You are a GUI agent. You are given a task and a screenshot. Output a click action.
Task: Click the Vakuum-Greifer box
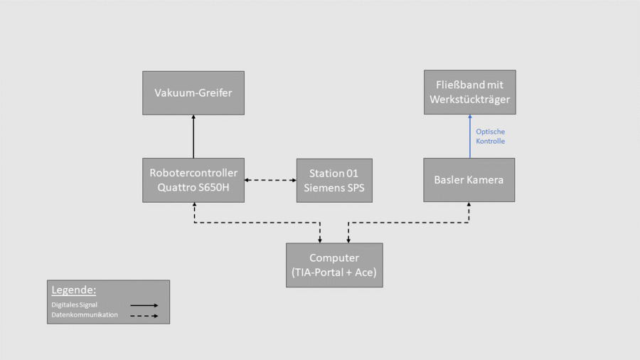pos(193,92)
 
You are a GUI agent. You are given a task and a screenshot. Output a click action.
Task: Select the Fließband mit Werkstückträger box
pos(469,92)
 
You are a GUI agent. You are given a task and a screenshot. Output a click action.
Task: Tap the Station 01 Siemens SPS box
pos(334,180)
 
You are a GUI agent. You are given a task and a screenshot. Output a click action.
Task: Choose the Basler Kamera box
pos(469,180)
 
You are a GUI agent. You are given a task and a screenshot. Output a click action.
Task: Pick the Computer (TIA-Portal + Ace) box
pos(334,265)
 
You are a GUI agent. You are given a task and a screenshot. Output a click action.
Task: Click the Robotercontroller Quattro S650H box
pos(193,180)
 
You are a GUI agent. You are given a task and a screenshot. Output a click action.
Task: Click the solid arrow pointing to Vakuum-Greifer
pos(193,136)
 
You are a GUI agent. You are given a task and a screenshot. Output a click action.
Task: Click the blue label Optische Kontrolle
pos(491,137)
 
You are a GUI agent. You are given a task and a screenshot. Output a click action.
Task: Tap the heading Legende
pos(74,290)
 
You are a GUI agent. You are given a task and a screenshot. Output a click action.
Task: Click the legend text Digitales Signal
pos(74,305)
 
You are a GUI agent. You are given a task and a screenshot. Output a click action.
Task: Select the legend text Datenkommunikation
pos(80,314)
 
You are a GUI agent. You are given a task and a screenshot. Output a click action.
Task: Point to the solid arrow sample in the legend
pos(144,305)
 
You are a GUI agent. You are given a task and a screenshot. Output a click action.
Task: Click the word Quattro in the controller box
pos(173,188)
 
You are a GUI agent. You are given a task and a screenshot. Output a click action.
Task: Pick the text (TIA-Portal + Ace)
pos(334,272)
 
